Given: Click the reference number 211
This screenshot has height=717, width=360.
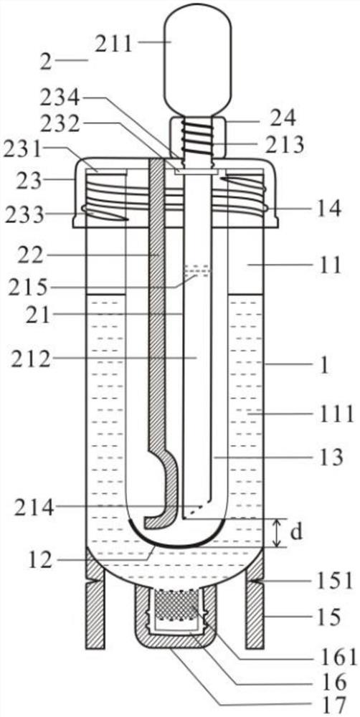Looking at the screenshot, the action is (113, 44).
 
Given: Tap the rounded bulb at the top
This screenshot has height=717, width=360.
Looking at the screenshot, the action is (198, 60).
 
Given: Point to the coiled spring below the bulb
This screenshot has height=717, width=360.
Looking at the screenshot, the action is (198, 137).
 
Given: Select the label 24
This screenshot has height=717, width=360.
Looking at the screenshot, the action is (283, 118).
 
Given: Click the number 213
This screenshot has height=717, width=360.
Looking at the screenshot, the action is (285, 145).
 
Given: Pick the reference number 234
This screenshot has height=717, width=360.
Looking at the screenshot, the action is (60, 98).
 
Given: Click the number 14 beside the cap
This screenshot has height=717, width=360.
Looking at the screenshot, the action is (328, 209).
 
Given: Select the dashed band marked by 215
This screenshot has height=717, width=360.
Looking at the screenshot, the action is (198, 271).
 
